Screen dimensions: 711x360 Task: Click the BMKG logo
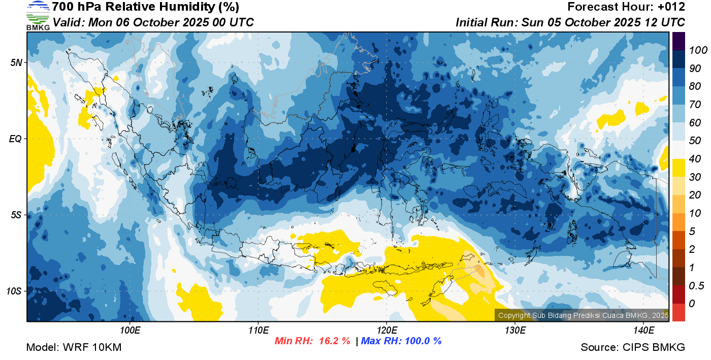[x=38, y=16]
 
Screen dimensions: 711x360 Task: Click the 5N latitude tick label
[x=16, y=62]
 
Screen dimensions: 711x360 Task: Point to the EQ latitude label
[x=16, y=139]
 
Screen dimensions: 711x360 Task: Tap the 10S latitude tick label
[x=14, y=291]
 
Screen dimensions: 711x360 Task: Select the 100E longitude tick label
[x=130, y=331]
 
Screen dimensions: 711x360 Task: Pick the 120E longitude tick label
[x=387, y=331]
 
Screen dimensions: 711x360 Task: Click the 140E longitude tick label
[x=643, y=331]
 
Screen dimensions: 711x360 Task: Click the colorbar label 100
[x=698, y=50]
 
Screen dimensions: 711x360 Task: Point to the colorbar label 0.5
[x=696, y=286]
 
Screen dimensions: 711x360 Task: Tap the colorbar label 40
[x=695, y=159]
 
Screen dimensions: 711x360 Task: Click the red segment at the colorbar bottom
[x=678, y=312]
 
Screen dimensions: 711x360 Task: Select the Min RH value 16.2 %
[x=334, y=341]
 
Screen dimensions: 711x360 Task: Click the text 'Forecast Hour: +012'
[x=626, y=7]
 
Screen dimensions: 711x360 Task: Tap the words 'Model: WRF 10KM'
[x=74, y=347]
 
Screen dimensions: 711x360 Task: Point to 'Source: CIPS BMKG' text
[x=633, y=347]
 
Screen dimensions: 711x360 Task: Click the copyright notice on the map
[x=583, y=315]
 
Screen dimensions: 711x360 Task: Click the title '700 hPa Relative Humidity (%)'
[x=145, y=7]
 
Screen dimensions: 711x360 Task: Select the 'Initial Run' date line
[x=570, y=22]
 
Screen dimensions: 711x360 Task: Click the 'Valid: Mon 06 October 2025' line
[x=153, y=22]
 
